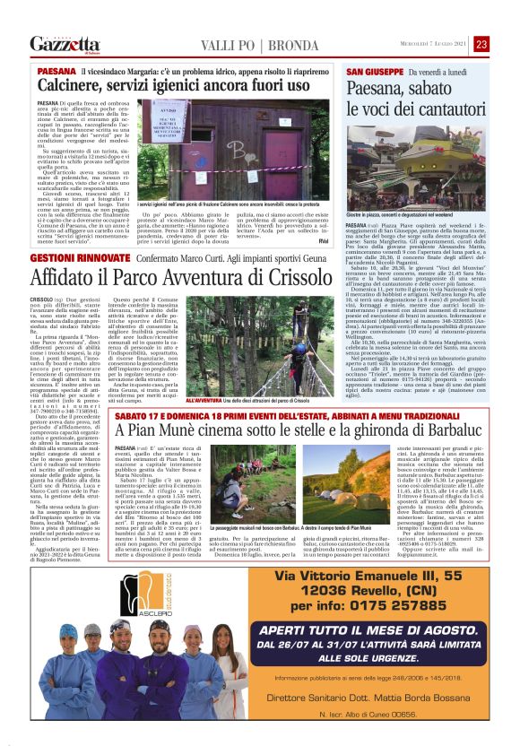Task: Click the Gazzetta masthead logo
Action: click(65, 44)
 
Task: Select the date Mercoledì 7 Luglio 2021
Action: click(436, 44)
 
